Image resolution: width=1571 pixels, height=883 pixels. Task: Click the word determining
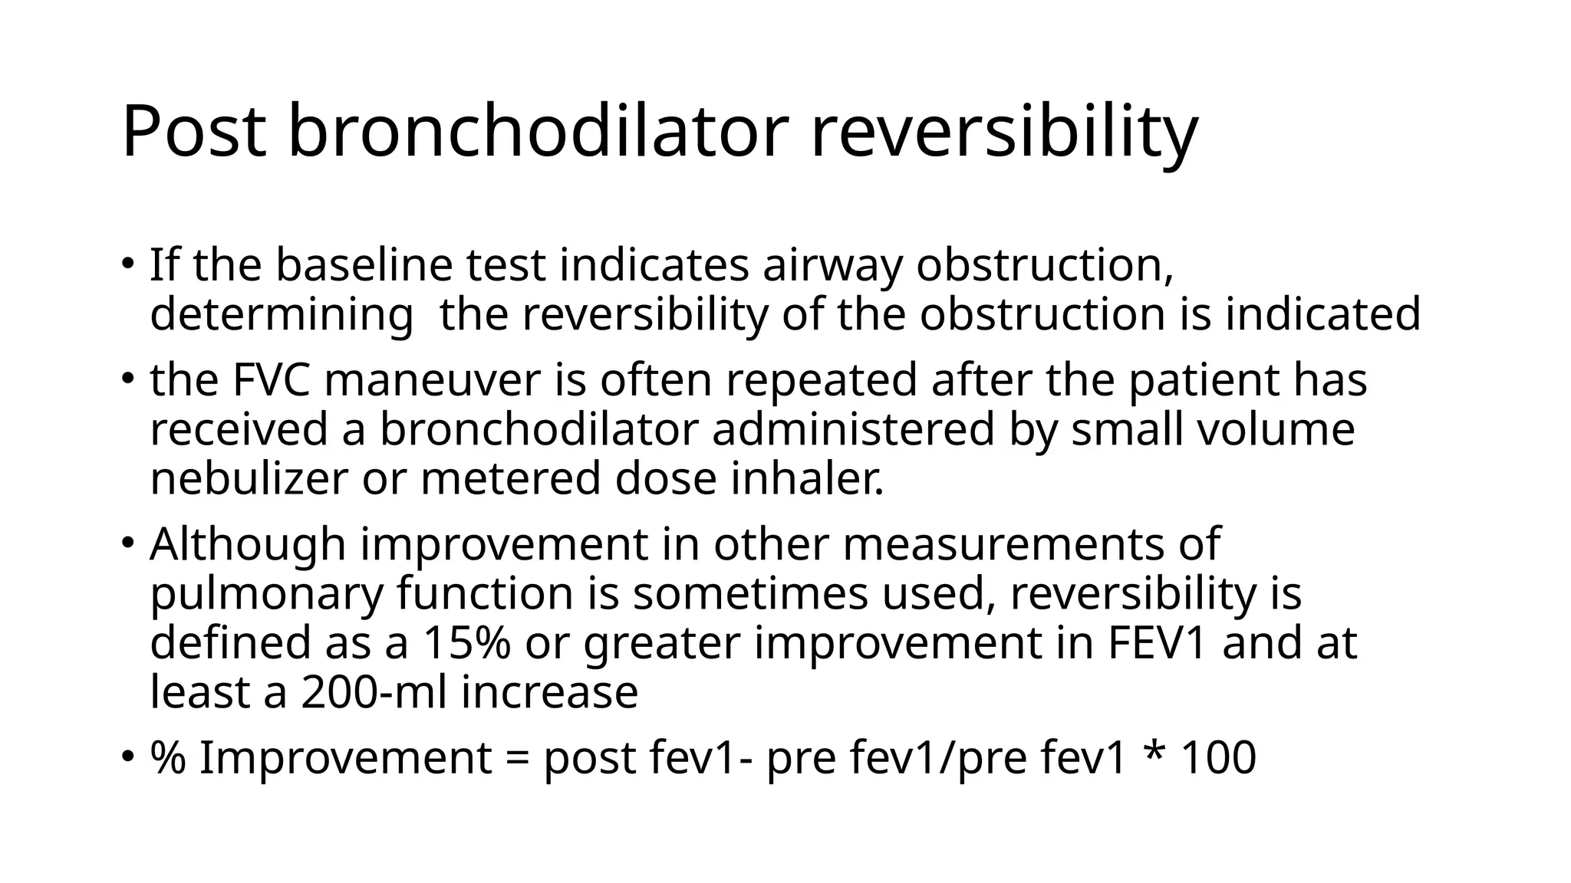tap(282, 315)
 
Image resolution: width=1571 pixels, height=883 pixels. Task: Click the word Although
tap(248, 544)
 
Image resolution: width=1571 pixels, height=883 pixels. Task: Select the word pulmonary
tap(265, 594)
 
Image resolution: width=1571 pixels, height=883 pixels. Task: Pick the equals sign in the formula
tap(518, 758)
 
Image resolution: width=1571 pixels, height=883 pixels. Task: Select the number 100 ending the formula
tap(1218, 758)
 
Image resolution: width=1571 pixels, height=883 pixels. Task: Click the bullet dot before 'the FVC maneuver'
tap(127, 378)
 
